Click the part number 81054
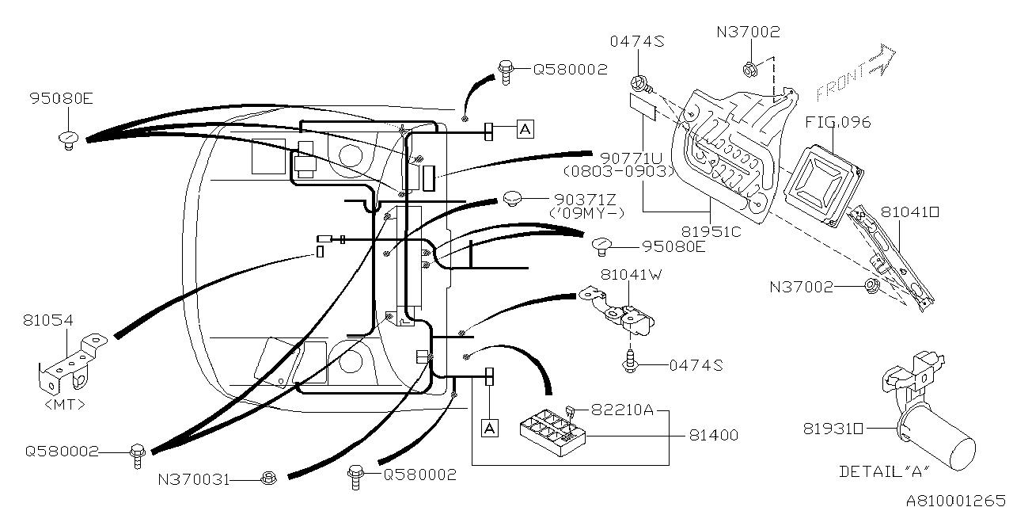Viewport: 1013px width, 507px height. click(x=48, y=320)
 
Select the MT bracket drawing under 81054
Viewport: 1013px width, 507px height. click(x=71, y=364)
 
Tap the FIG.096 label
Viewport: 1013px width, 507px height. click(x=838, y=122)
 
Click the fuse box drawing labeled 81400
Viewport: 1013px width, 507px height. click(x=552, y=433)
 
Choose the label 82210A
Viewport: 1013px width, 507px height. click(x=623, y=410)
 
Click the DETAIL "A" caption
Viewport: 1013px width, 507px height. click(x=885, y=471)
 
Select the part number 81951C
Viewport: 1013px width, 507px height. click(x=711, y=232)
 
